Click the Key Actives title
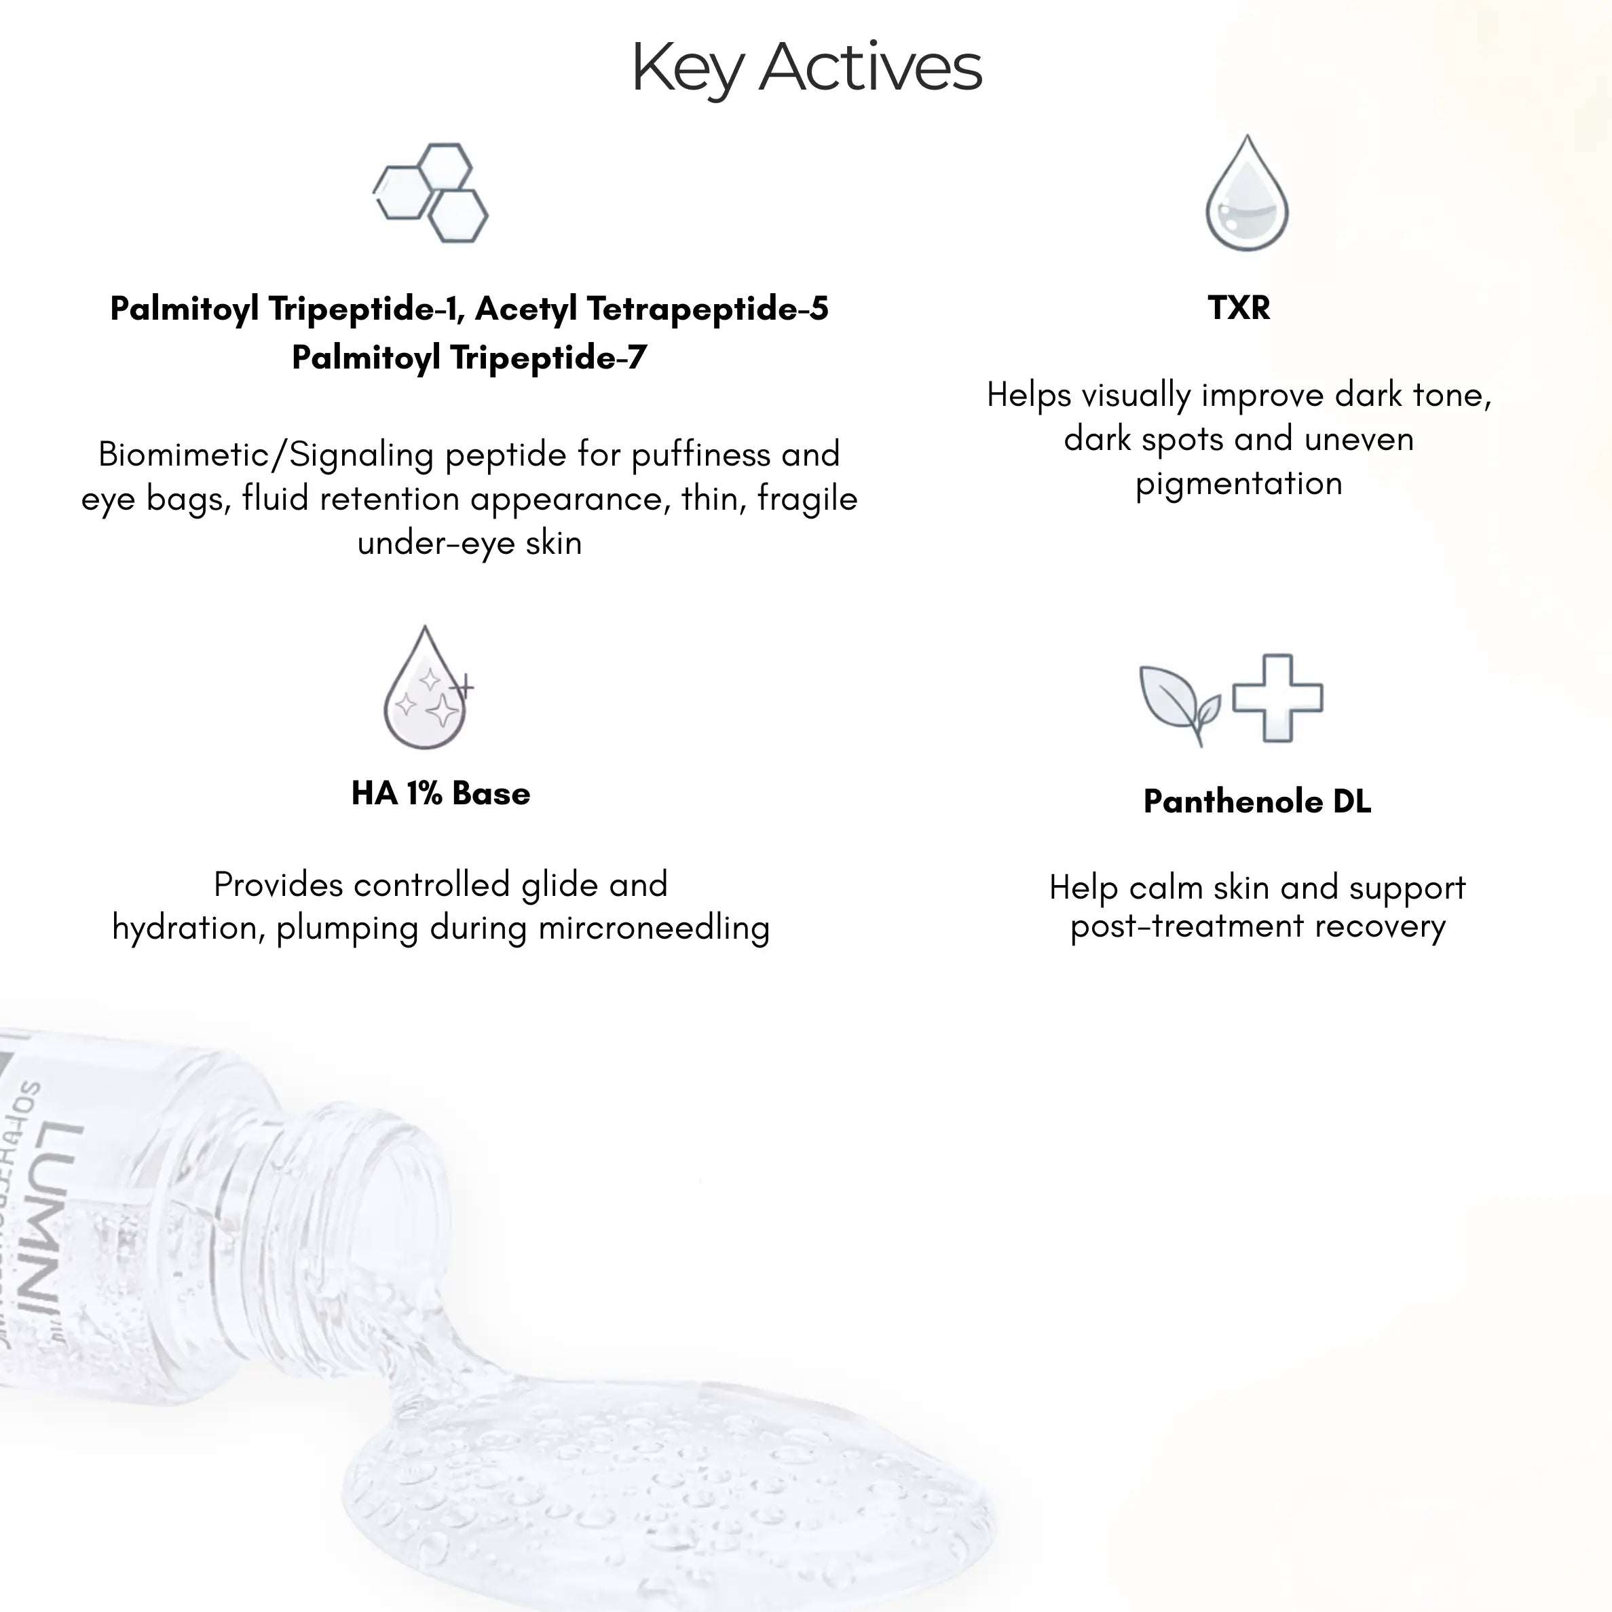pyautogui.click(x=806, y=67)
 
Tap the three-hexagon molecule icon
pyautogui.click(x=430, y=193)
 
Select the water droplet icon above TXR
pyautogui.click(x=1247, y=193)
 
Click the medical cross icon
pyautogui.click(x=1277, y=698)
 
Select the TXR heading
pyautogui.click(x=1239, y=308)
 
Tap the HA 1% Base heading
pyautogui.click(x=441, y=793)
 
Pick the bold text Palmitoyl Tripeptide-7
pyautogui.click(x=469, y=358)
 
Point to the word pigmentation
pyautogui.click(x=1239, y=484)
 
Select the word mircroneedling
pyautogui.click(x=654, y=929)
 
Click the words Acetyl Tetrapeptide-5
pyautogui.click(x=652, y=309)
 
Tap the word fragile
pyautogui.click(x=808, y=499)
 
